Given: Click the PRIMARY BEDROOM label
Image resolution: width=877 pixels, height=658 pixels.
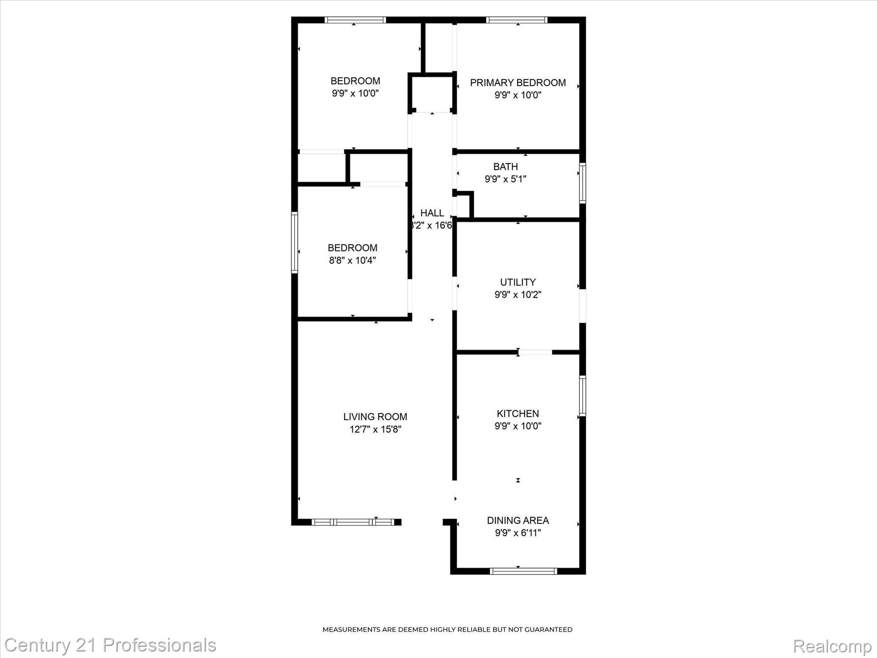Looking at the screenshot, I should pos(518,83).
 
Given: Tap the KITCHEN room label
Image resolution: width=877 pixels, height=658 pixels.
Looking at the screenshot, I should pos(518,413).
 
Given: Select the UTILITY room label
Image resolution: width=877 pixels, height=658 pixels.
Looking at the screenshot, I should pos(518,282).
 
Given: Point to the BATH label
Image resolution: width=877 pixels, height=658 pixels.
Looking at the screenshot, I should pos(505,167).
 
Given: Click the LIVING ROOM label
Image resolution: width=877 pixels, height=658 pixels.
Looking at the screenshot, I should pos(375,416).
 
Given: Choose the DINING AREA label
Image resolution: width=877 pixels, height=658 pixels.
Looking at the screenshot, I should pos(518,520).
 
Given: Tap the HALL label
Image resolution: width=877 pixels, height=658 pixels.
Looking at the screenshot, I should pos(432,213).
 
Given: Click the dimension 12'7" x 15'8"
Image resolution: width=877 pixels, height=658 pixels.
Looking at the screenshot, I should pos(375,429).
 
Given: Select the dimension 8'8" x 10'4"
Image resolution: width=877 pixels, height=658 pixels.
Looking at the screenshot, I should pos(352,260).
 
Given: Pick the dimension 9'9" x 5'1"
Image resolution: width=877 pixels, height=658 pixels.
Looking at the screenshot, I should pos(505,179).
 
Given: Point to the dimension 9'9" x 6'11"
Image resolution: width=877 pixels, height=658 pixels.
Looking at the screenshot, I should pos(518,533).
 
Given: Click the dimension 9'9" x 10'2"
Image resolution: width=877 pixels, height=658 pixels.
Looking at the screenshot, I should pos(518,295).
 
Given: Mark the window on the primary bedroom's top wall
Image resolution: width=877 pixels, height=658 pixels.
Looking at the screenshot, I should pos(517,20).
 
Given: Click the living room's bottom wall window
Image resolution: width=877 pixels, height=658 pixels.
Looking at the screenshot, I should pos(352,522).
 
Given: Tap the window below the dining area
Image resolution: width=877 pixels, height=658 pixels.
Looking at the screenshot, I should pos(523,571).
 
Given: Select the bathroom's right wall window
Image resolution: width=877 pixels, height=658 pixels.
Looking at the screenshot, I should pos(582,183).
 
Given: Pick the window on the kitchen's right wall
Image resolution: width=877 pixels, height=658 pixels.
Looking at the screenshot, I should pos(582,396).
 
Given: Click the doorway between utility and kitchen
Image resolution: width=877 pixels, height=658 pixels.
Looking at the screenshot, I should pos(535,352).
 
